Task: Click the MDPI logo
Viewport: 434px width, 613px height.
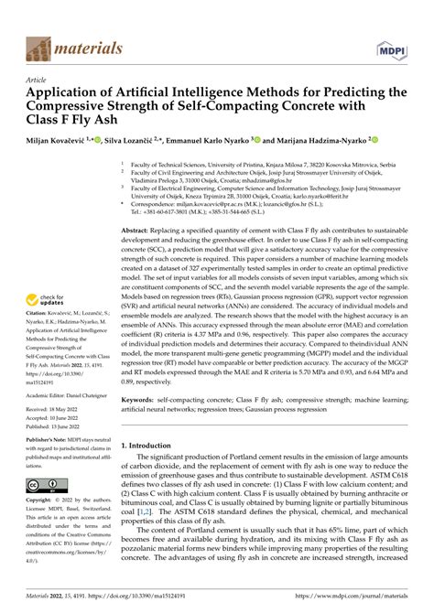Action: coord(390,47)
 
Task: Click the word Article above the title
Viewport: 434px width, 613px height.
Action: coord(38,80)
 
